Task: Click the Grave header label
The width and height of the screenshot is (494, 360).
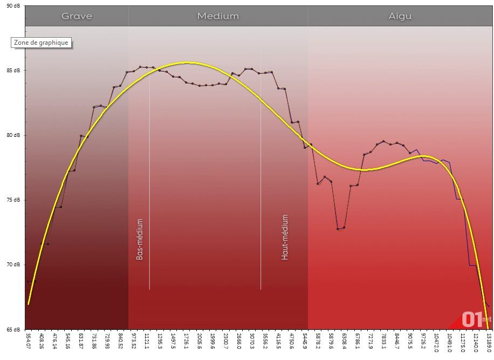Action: point(77,16)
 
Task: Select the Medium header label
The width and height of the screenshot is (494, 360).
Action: point(218,16)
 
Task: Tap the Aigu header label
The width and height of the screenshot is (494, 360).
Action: point(400,16)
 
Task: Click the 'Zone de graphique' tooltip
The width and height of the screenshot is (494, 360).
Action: point(42,43)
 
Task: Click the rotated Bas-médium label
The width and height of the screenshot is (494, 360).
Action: point(140,239)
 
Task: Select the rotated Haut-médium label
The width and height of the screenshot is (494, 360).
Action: point(285,237)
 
